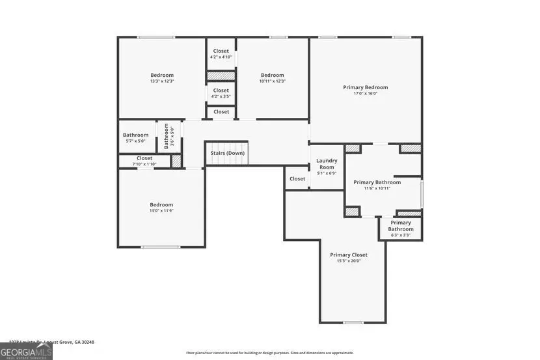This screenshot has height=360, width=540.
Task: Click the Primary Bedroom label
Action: (x=365, y=87)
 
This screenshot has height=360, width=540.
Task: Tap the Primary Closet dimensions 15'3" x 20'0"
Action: (x=348, y=261)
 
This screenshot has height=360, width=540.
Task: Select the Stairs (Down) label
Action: (x=226, y=153)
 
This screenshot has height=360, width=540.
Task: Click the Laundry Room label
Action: (x=326, y=163)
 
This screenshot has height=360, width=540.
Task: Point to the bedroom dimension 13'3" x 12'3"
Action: (x=162, y=81)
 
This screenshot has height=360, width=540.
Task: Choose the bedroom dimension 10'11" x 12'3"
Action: (x=272, y=81)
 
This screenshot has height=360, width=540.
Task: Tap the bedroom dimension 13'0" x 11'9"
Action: (x=161, y=211)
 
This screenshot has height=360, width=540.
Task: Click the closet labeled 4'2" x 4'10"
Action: (x=221, y=57)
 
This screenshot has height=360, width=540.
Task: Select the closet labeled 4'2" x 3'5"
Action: (x=221, y=96)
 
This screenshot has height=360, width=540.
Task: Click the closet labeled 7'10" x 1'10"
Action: (x=144, y=164)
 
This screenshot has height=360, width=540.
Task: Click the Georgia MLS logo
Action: (x=26, y=352)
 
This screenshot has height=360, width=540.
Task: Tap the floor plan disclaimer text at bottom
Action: (x=269, y=353)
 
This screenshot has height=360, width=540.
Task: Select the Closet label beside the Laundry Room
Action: (x=297, y=178)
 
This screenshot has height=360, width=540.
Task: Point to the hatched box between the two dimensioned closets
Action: (x=221, y=76)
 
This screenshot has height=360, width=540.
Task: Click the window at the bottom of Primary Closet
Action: (x=353, y=323)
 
